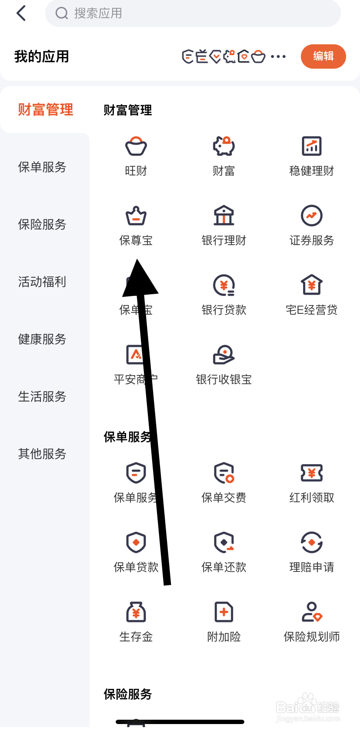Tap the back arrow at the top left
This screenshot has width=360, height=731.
tap(21, 13)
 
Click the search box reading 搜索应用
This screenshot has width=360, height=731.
tap(193, 13)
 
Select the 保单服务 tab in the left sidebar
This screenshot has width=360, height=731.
tap(42, 167)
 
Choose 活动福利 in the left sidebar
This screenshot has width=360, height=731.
tap(42, 282)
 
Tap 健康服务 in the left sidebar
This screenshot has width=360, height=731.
tap(42, 339)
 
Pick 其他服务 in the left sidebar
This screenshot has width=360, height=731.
tap(42, 454)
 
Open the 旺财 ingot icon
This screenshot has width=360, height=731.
tap(136, 146)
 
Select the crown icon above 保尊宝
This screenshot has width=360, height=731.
tap(136, 216)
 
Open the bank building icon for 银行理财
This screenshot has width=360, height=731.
tap(224, 216)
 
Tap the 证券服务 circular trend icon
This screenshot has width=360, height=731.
tap(312, 216)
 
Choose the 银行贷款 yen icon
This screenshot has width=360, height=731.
tap(224, 286)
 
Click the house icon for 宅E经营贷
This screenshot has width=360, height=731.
tap(312, 286)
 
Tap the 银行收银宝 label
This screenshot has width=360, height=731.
tap(224, 379)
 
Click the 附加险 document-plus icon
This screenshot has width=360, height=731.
tap(224, 612)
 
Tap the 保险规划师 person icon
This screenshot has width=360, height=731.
tap(312, 612)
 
